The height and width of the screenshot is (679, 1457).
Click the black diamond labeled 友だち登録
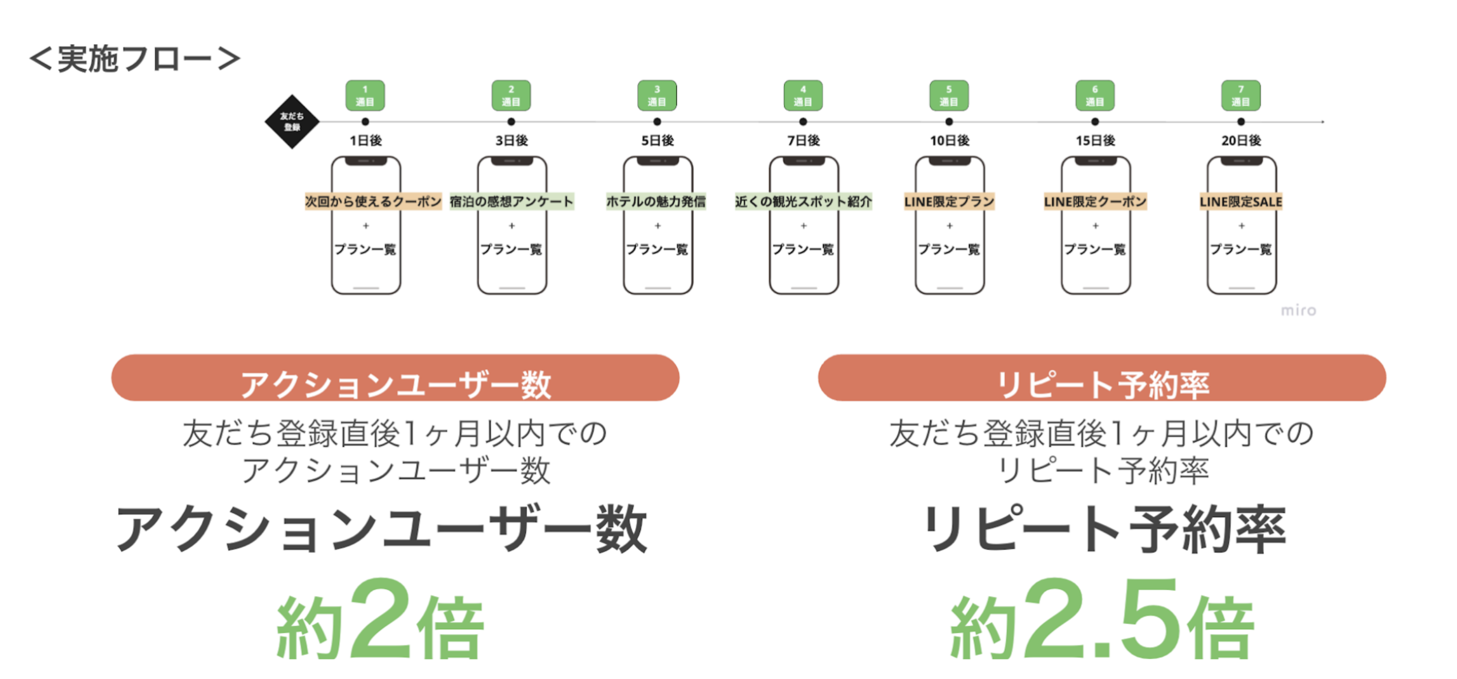coord(292,121)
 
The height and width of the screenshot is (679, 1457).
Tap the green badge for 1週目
coord(365,96)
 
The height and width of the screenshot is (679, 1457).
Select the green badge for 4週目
coord(803,96)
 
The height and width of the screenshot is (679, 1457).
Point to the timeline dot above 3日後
coord(511,121)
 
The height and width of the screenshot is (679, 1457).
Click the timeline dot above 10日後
coord(949,121)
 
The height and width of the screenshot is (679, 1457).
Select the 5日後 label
coord(657,140)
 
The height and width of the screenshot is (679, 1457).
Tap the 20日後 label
coord(1241,140)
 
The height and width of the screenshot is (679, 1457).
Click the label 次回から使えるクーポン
coord(373,202)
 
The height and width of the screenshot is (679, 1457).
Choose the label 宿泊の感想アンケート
coord(511,202)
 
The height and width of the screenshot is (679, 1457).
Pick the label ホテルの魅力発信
coord(656,202)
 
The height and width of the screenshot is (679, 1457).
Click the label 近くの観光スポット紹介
coord(803,202)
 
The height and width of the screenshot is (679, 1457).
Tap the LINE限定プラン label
coord(949,202)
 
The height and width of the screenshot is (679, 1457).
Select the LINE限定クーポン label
coord(1095,202)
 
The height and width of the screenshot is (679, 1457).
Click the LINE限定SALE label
coord(1241,202)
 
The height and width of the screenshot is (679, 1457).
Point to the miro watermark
coord(1298,310)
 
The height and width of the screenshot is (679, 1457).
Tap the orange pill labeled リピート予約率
coord(1102,378)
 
